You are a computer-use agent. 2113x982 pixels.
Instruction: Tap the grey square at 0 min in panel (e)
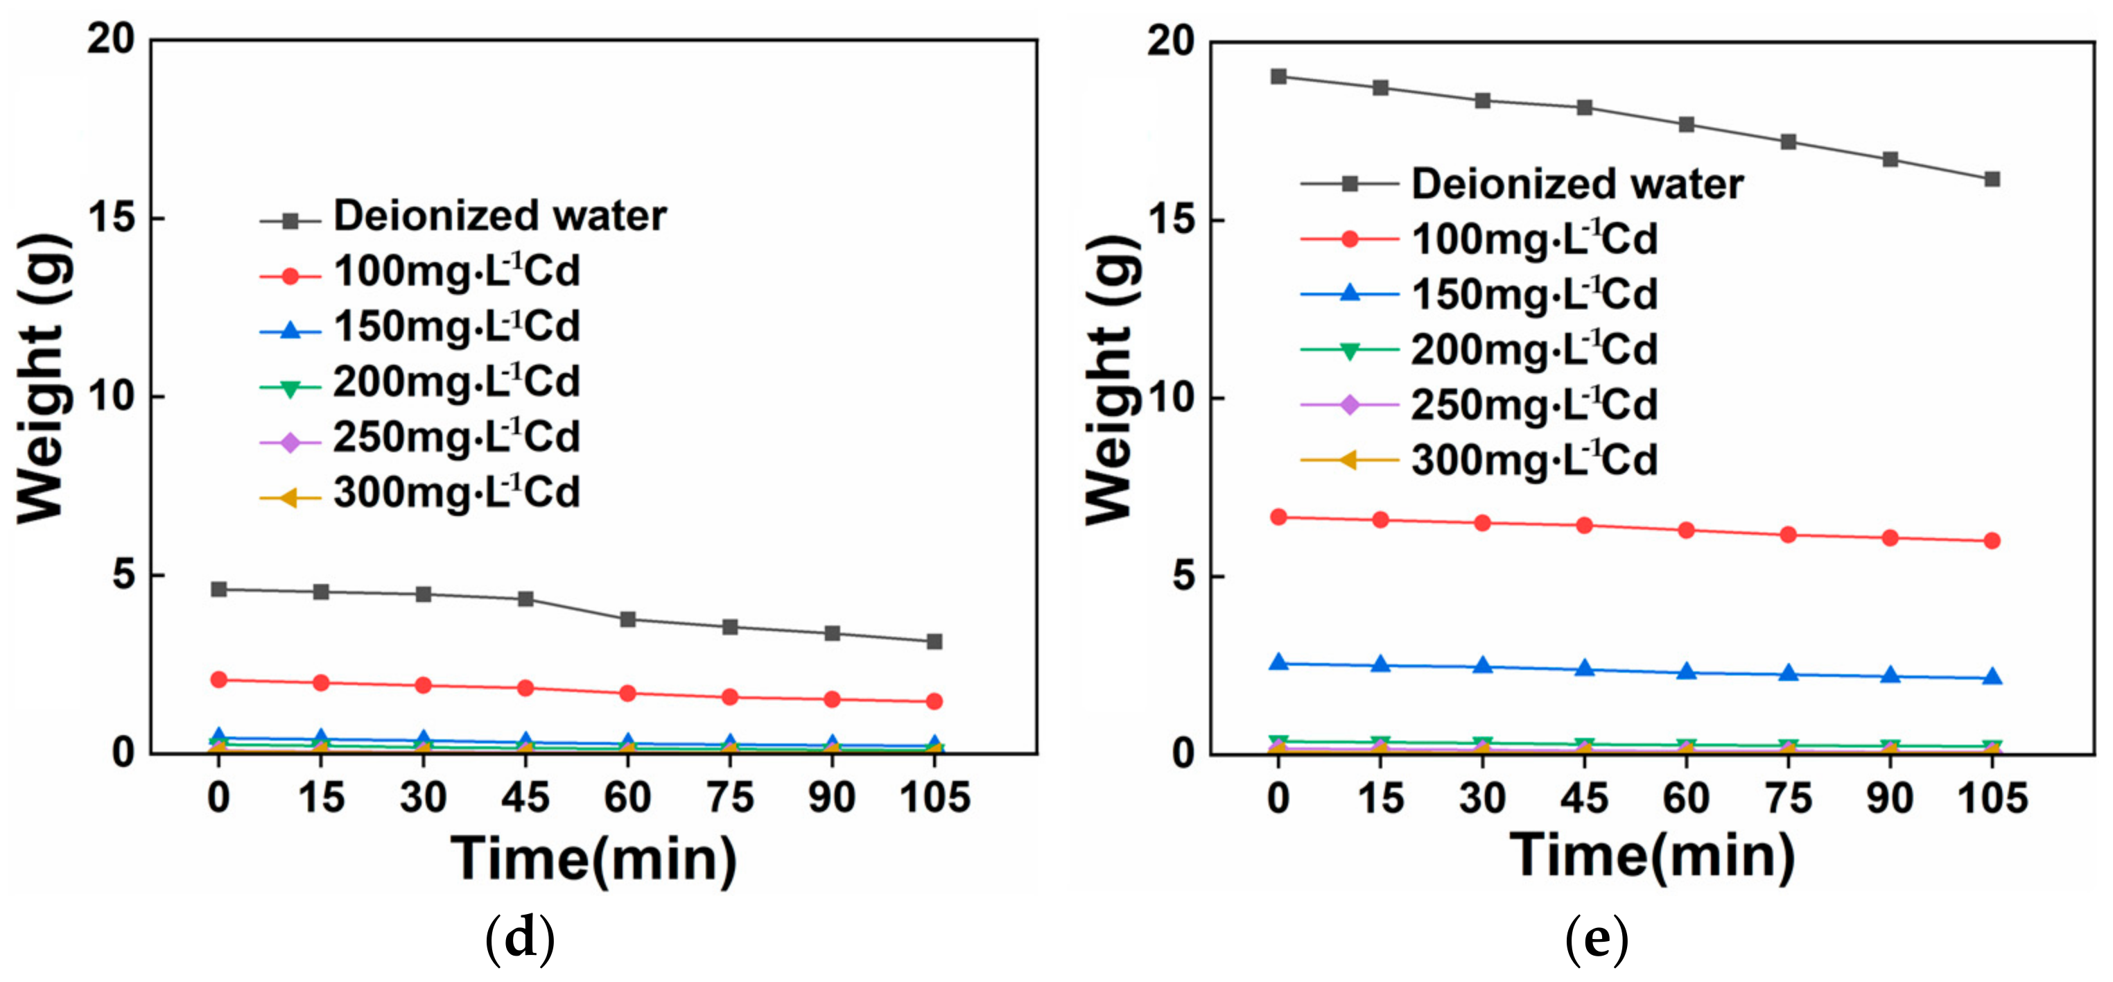click(1278, 76)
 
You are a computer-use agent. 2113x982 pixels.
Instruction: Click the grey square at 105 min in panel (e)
click(1992, 179)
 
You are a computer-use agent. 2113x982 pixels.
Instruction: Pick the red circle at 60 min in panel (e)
click(1687, 530)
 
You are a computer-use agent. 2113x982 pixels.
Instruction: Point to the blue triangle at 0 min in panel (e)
click(1278, 662)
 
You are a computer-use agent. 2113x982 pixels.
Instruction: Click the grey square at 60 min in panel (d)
click(627, 619)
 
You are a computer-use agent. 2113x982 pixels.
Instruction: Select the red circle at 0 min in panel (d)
click(218, 679)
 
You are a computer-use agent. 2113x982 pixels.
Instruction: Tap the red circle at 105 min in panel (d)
click(934, 700)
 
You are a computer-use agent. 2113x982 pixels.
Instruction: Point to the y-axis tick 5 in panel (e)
click(1182, 576)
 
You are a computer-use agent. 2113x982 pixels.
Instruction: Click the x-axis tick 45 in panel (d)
click(525, 798)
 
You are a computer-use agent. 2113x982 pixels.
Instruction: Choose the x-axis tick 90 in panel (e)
click(1890, 798)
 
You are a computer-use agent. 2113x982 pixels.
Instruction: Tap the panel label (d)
click(520, 938)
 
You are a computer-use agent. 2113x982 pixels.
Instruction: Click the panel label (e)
click(1597, 938)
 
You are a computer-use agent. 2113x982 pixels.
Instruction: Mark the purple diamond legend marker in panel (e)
click(1349, 404)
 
